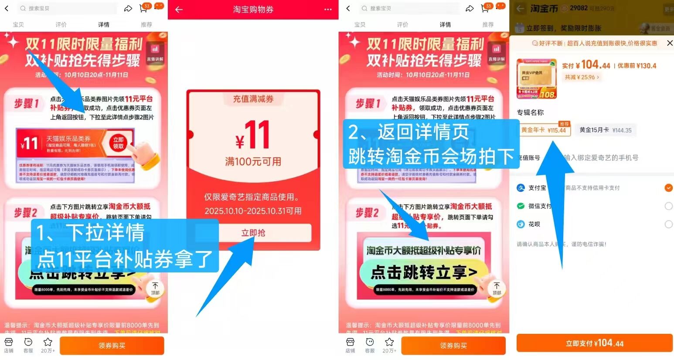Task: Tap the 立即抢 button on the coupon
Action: coord(253,233)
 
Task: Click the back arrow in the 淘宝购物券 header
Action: coord(179,9)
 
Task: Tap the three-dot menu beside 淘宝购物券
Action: coord(328,9)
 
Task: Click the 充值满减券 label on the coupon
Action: coord(253,99)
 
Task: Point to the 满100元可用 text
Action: coord(253,162)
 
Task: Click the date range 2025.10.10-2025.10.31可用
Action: coord(253,211)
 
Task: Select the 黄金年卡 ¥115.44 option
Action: coord(544,130)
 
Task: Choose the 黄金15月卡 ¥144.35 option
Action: coord(605,130)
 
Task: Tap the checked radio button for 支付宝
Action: coord(668,188)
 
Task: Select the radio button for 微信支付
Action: coord(668,206)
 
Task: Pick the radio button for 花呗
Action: coord(668,224)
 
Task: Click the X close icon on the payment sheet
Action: coord(670,43)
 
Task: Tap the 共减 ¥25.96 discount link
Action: coord(582,77)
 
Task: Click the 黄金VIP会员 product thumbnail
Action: coord(537,79)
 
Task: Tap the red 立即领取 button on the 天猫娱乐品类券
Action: coord(118,143)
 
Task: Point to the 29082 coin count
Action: coord(579,8)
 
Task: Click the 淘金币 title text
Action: coord(544,8)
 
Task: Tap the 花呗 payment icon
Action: coord(521,224)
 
